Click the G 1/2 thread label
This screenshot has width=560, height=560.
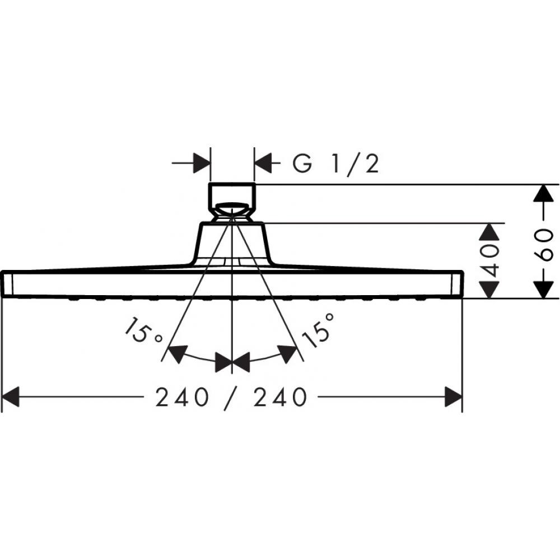tap(335, 164)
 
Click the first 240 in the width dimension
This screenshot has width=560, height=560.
tap(182, 397)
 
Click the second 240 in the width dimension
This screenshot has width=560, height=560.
tap(281, 397)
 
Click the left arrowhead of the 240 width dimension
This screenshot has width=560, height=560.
tap(10, 396)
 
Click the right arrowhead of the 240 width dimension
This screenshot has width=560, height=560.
tap(454, 396)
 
